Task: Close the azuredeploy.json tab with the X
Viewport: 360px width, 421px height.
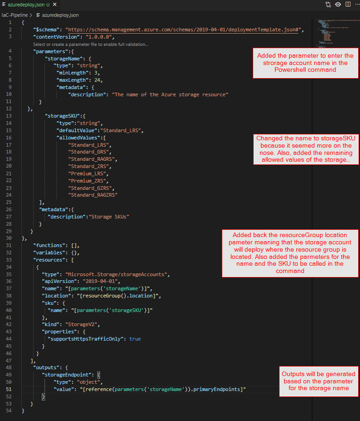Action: pyautogui.click(x=55, y=5)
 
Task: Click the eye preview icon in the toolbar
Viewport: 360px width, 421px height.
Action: pyautogui.click(x=338, y=4)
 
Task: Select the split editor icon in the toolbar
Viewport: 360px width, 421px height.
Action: pyautogui.click(x=348, y=4)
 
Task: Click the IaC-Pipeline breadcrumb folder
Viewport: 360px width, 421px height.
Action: pyautogui.click(x=15, y=15)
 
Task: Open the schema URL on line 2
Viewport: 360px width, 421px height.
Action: pyautogui.click(x=183, y=30)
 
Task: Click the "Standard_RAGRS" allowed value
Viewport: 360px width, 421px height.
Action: pyautogui.click(x=91, y=159)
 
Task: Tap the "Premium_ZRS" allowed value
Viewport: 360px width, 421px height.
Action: pyautogui.click(x=87, y=181)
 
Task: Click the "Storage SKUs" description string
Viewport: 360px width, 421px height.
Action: pyautogui.click(x=109, y=217)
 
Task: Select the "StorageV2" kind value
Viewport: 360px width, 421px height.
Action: pyautogui.click(x=81, y=325)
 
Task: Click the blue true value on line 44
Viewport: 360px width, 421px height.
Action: pyautogui.click(x=135, y=339)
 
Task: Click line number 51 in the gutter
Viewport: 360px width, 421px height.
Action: pyautogui.click(x=9, y=389)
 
